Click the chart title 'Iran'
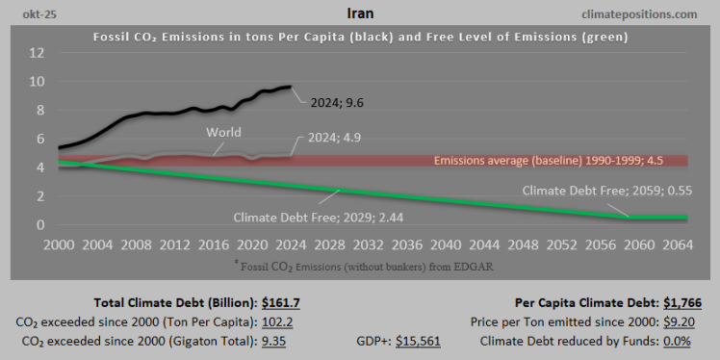point(360,14)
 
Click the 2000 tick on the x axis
point(59,244)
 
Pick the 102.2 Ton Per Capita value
point(279,321)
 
